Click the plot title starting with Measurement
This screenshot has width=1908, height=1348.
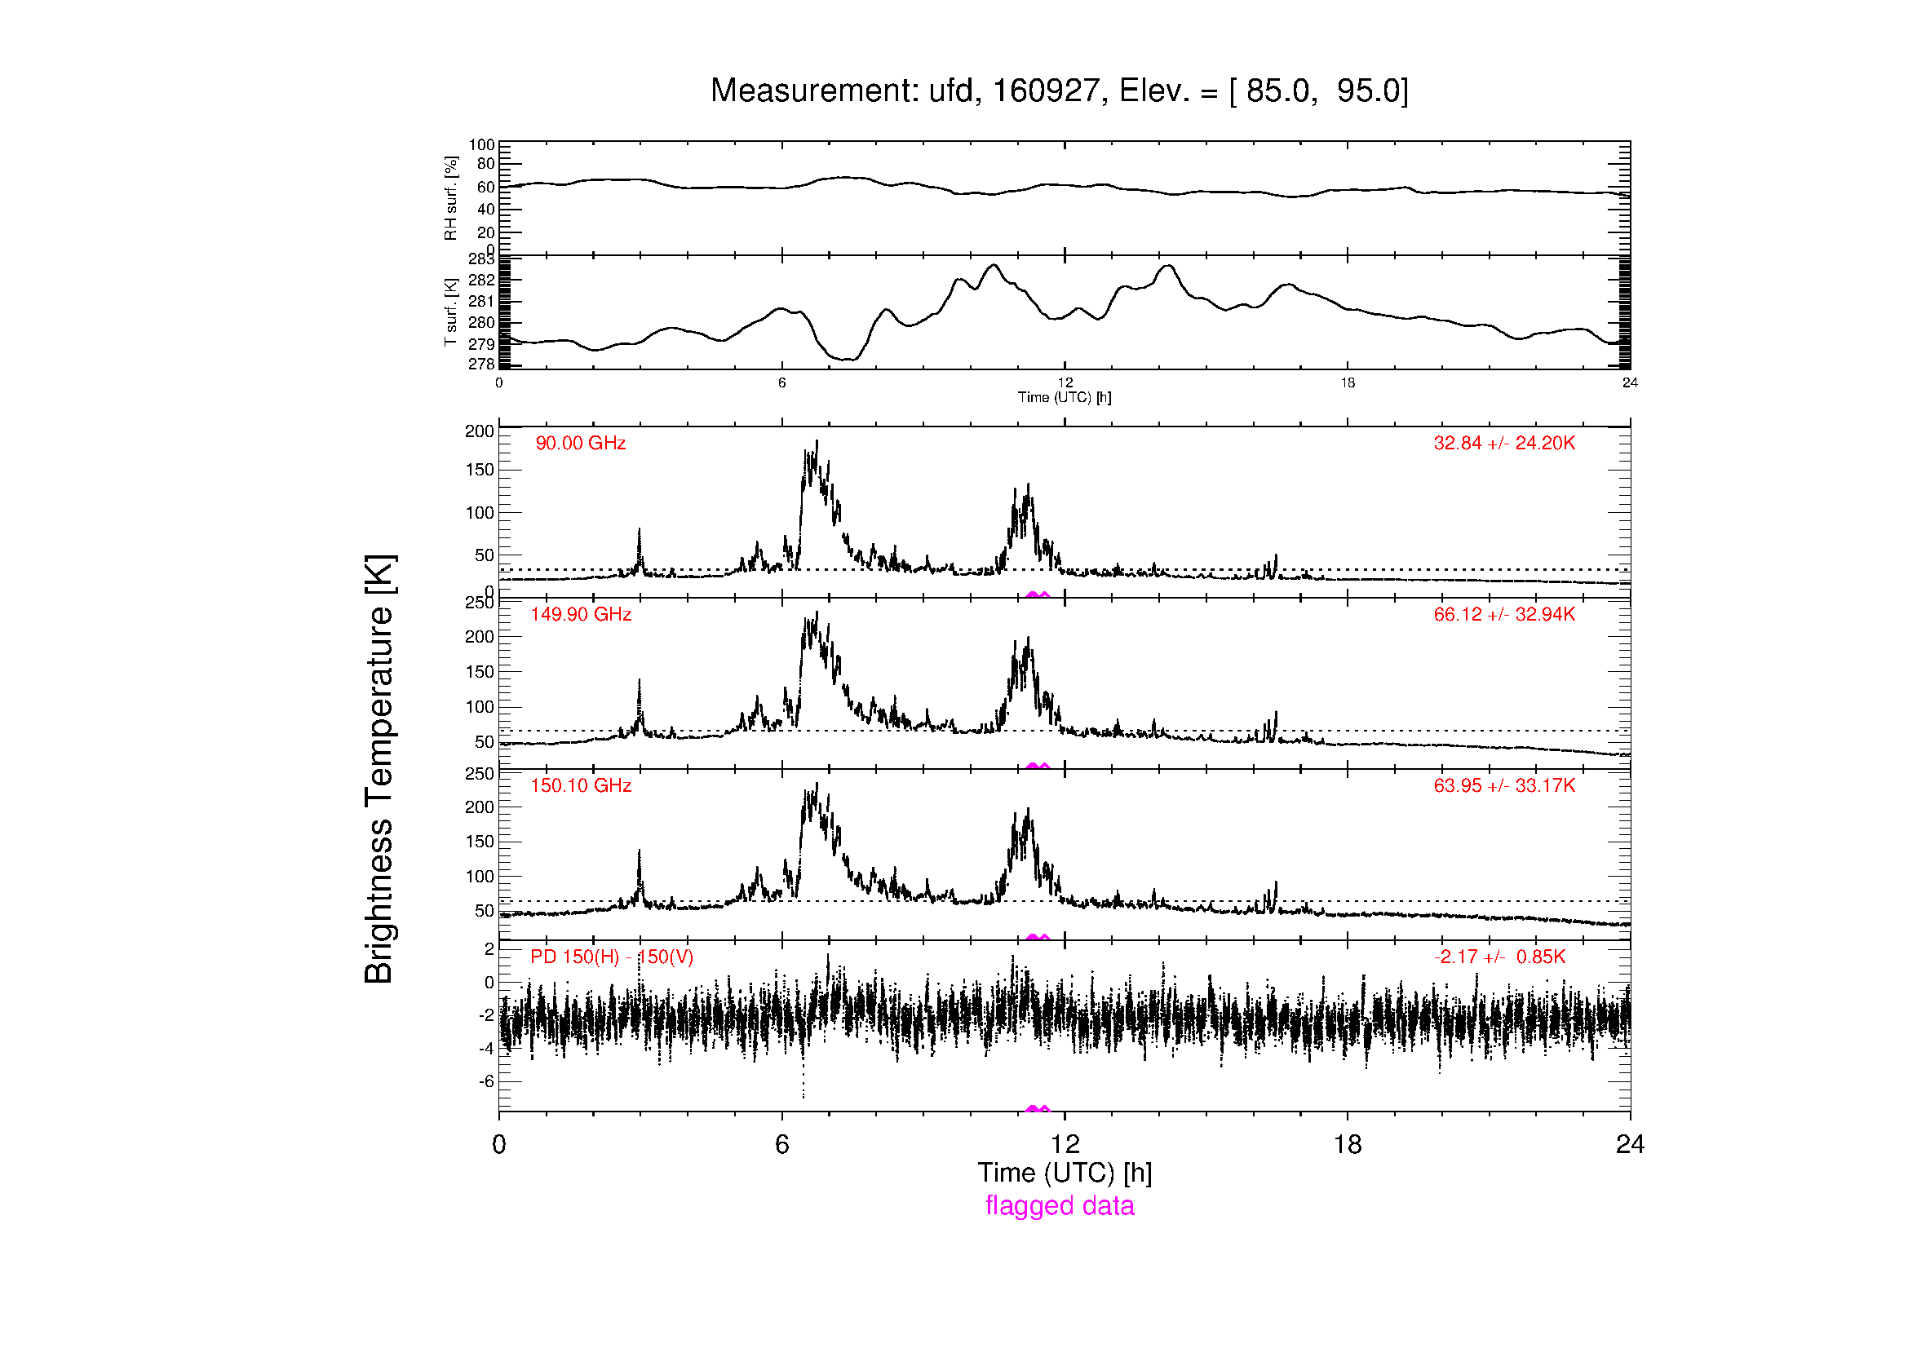1060,91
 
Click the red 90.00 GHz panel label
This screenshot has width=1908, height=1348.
580,444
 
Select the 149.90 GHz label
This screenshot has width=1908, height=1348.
581,615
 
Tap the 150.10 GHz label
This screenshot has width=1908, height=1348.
581,785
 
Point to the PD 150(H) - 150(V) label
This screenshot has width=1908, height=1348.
612,957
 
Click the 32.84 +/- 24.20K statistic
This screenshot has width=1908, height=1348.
1504,444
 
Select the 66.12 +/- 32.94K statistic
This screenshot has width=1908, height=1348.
1504,615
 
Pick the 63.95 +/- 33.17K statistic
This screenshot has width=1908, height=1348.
1504,785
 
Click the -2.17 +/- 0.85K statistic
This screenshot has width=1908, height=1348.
1499,957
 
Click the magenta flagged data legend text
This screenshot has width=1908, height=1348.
1060,1205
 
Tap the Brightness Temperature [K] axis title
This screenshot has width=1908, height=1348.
379,769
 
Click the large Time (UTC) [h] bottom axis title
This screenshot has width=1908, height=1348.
1065,1173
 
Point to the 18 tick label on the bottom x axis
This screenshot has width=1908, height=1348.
1347,1144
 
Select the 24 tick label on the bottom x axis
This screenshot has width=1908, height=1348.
1630,1144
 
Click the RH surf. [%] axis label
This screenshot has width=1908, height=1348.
450,197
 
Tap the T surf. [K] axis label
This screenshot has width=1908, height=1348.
450,312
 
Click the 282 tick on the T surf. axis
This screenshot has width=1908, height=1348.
481,280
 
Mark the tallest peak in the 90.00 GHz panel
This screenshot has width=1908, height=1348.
817,441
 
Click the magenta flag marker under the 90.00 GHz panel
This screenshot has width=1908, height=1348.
1038,594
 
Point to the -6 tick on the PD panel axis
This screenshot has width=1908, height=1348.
486,1081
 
